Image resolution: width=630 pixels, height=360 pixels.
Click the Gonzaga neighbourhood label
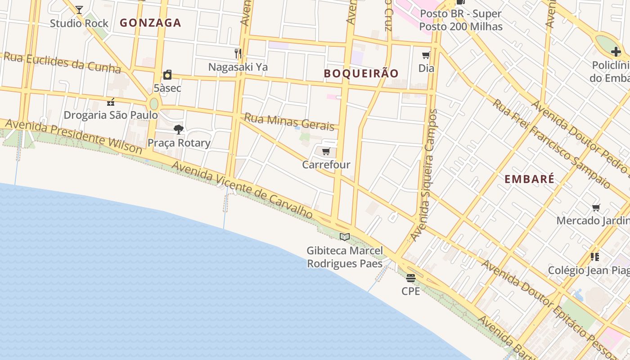pyautogui.click(x=150, y=23)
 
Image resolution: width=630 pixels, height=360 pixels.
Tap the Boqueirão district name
pyautogui.click(x=361, y=73)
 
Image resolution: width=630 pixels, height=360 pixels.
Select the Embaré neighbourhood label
pyautogui.click(x=529, y=179)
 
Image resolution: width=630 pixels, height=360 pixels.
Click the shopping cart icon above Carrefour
pyautogui.click(x=326, y=152)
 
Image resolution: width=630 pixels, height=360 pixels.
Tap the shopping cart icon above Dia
pyautogui.click(x=426, y=55)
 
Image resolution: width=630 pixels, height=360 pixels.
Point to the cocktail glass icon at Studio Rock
pyautogui.click(x=79, y=9)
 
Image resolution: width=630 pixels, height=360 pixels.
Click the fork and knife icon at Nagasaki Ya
pyautogui.click(x=238, y=54)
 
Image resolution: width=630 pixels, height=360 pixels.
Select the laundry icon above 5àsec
pyautogui.click(x=167, y=75)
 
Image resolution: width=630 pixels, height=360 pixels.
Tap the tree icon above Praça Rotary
pyautogui.click(x=179, y=130)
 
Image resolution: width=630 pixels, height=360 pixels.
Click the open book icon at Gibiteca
pyautogui.click(x=345, y=237)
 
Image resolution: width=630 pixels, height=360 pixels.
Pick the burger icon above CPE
pyautogui.click(x=410, y=278)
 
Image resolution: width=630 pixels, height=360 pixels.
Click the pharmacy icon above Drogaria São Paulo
pyautogui.click(x=111, y=102)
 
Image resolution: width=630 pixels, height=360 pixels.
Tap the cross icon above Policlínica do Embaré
pyautogui.click(x=616, y=52)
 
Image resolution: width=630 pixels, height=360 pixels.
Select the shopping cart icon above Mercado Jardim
pyautogui.click(x=596, y=207)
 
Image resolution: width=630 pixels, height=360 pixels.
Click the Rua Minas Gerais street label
pyautogui.click(x=289, y=121)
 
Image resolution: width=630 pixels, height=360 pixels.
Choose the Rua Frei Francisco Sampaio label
pyautogui.click(x=551, y=143)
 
